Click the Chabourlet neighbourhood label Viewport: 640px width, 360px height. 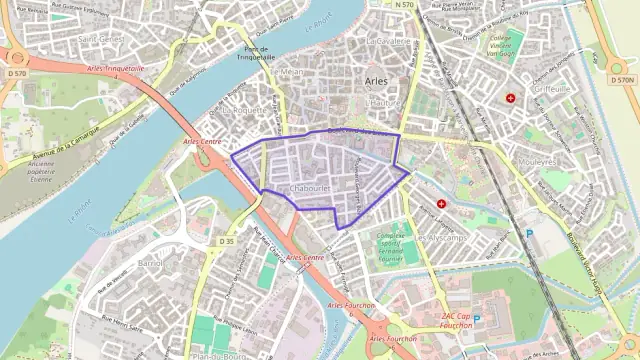309,187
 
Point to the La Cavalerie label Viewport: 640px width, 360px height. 389,42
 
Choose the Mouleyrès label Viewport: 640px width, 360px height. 538,161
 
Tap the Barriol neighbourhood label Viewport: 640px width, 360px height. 150,262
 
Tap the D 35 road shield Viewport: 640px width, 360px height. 226,241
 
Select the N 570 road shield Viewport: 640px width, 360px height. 403,5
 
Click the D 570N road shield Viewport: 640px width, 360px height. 622,78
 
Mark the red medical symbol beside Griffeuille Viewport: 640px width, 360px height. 511,99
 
